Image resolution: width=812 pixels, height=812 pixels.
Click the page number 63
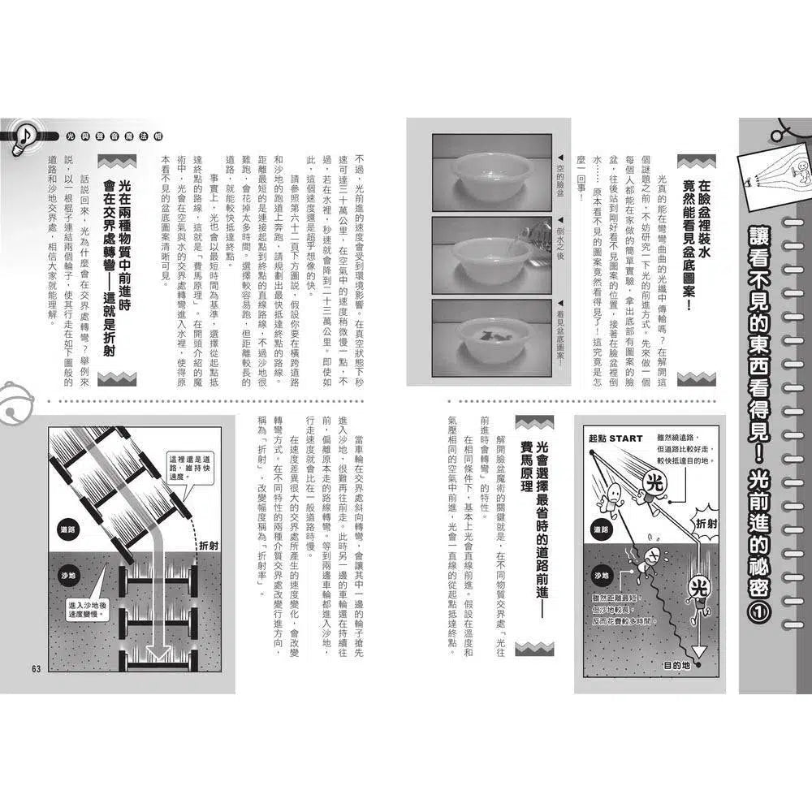click(x=36, y=667)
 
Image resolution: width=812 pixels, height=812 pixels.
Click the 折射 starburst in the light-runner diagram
click(x=710, y=524)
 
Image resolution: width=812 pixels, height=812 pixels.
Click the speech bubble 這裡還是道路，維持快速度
click(x=192, y=466)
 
